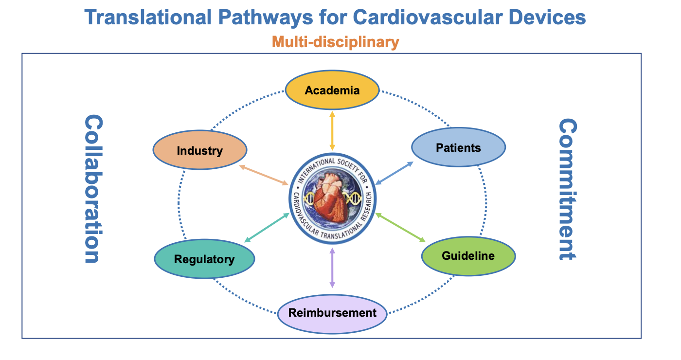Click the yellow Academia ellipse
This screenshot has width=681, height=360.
[332, 90]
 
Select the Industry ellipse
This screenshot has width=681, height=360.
[200, 150]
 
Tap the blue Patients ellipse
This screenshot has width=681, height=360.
[458, 147]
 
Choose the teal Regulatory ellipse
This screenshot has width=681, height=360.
[204, 259]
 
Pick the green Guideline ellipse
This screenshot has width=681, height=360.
[468, 256]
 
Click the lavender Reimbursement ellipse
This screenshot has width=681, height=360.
[332, 314]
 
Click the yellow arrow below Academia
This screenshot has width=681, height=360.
[332, 131]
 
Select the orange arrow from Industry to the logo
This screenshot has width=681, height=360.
[264, 175]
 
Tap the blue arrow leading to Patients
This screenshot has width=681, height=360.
[394, 173]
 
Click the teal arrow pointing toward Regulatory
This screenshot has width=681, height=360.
[267, 228]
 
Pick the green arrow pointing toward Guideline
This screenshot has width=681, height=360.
[400, 228]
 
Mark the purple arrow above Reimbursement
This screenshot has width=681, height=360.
[332, 268]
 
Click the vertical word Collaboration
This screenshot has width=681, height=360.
[93, 189]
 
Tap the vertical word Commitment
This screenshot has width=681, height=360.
[568, 189]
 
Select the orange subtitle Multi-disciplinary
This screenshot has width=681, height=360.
[335, 42]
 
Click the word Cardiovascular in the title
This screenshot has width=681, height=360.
[428, 17]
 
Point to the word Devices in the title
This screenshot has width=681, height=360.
[547, 17]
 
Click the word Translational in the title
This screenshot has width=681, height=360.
[148, 17]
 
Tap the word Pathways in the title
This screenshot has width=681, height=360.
[266, 18]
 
